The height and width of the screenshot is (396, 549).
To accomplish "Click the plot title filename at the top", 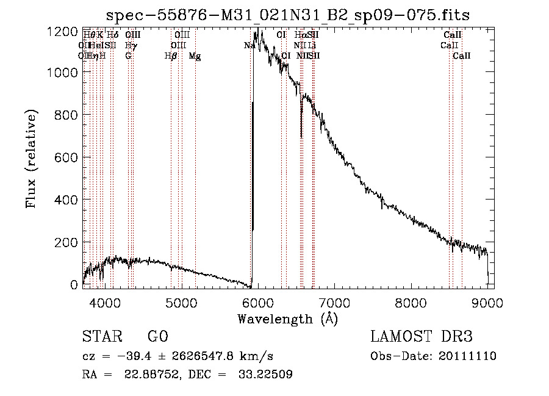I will pos(287,15).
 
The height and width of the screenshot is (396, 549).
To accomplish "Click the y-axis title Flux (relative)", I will pos(31,160).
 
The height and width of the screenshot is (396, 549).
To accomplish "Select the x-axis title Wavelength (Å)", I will pos(287,319).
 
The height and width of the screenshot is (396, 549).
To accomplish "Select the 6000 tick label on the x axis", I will pos(257,301).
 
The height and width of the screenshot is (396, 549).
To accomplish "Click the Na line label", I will pos(249,46).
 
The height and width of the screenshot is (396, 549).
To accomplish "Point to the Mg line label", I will pos(195,56).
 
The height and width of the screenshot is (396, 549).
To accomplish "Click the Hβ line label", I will pos(171,56).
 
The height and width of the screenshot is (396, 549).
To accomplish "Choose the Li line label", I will pos(312,46).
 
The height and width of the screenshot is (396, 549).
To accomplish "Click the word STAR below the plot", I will pos(98,337).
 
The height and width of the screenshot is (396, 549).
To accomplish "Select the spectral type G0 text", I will pos(157,337).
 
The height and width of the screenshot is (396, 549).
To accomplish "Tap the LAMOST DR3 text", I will pos(421,337).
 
